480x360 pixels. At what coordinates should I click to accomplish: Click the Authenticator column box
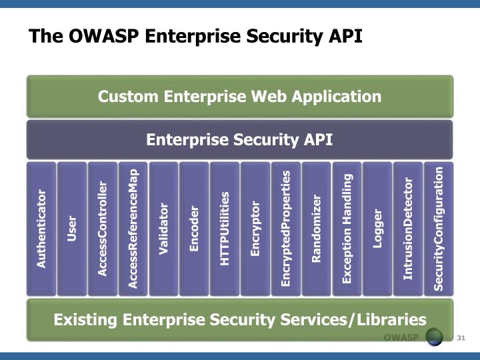tap(41, 229)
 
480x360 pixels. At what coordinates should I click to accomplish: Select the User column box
tap(72, 229)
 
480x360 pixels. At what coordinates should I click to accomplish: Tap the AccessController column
tap(103, 229)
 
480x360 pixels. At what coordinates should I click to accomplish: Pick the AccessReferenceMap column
tap(133, 229)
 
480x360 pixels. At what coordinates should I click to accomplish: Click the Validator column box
tap(163, 229)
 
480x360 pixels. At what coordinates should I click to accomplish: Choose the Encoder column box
tap(194, 229)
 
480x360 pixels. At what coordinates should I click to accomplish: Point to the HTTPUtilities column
tap(225, 229)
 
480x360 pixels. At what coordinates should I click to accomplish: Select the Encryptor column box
tap(255, 229)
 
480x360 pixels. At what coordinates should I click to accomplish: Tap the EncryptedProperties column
tap(286, 229)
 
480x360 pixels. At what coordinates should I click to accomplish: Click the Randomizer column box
tap(316, 229)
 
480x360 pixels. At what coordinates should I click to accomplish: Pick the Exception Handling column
tap(347, 229)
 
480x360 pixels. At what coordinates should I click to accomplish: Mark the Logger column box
tap(377, 229)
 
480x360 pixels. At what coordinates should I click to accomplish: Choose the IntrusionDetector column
tap(408, 229)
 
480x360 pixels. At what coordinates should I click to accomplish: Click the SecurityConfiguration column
tap(439, 229)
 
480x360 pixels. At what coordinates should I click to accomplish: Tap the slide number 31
tap(461, 338)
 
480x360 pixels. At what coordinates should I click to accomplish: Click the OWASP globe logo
tap(434, 337)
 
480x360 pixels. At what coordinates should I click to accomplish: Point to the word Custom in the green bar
tap(128, 97)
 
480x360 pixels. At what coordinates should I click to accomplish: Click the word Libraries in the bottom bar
tap(391, 319)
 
